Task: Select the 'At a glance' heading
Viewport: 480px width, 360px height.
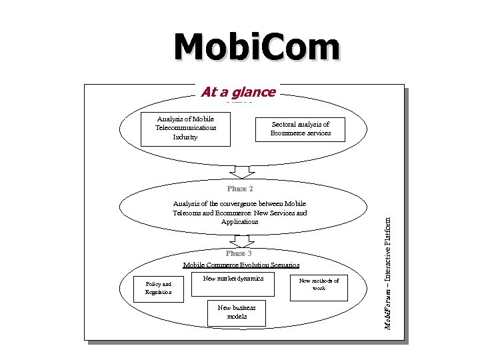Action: tap(238, 93)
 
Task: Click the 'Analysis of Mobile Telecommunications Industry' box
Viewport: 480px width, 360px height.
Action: tap(185, 128)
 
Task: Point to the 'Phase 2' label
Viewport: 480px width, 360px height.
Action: tap(240, 189)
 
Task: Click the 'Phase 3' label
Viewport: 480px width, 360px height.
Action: tap(239, 253)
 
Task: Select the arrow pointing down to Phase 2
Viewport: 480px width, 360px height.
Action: tap(242, 171)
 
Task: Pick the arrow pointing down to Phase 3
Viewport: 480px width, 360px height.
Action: tap(242, 239)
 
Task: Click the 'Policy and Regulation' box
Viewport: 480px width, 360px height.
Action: tap(158, 288)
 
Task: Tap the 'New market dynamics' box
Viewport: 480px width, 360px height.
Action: tap(233, 283)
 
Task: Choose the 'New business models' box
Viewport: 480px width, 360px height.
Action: tap(237, 312)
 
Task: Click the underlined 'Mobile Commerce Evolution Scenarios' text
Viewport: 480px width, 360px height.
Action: tap(237, 265)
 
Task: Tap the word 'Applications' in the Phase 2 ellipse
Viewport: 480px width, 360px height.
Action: tap(240, 221)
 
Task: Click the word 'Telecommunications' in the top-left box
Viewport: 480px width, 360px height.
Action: tap(185, 127)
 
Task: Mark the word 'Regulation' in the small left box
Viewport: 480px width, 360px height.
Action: tap(158, 292)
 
